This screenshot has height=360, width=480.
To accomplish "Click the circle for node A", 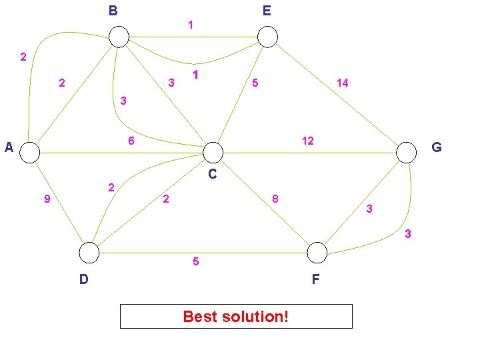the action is pyautogui.click(x=30, y=153).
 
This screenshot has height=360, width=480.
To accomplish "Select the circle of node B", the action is pyautogui.click(x=119, y=37).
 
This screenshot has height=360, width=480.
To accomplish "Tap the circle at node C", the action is pyautogui.click(x=213, y=153).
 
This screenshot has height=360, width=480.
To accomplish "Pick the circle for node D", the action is pyautogui.click(x=89, y=253).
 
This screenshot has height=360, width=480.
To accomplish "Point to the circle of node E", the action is pyautogui.click(x=267, y=37).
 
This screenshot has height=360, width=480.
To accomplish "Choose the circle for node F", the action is pyautogui.click(x=317, y=253).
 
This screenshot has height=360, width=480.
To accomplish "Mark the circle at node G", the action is pyautogui.click(x=406, y=153).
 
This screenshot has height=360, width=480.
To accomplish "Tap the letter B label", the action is pyautogui.click(x=113, y=11).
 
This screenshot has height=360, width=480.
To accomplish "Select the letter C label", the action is pyautogui.click(x=212, y=175).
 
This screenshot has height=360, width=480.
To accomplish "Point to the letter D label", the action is pyautogui.click(x=83, y=279).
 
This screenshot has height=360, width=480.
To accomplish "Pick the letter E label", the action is pyautogui.click(x=267, y=11).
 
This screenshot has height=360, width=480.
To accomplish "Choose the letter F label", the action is pyautogui.click(x=316, y=279).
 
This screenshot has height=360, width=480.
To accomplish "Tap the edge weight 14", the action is pyautogui.click(x=342, y=83).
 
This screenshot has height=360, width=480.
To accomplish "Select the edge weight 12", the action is pyautogui.click(x=307, y=141).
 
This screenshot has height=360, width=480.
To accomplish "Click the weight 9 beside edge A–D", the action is pyautogui.click(x=46, y=199).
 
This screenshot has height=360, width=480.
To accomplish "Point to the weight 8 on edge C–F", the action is pyautogui.click(x=275, y=199).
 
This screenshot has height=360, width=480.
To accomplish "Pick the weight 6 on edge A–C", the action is pyautogui.click(x=131, y=141).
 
